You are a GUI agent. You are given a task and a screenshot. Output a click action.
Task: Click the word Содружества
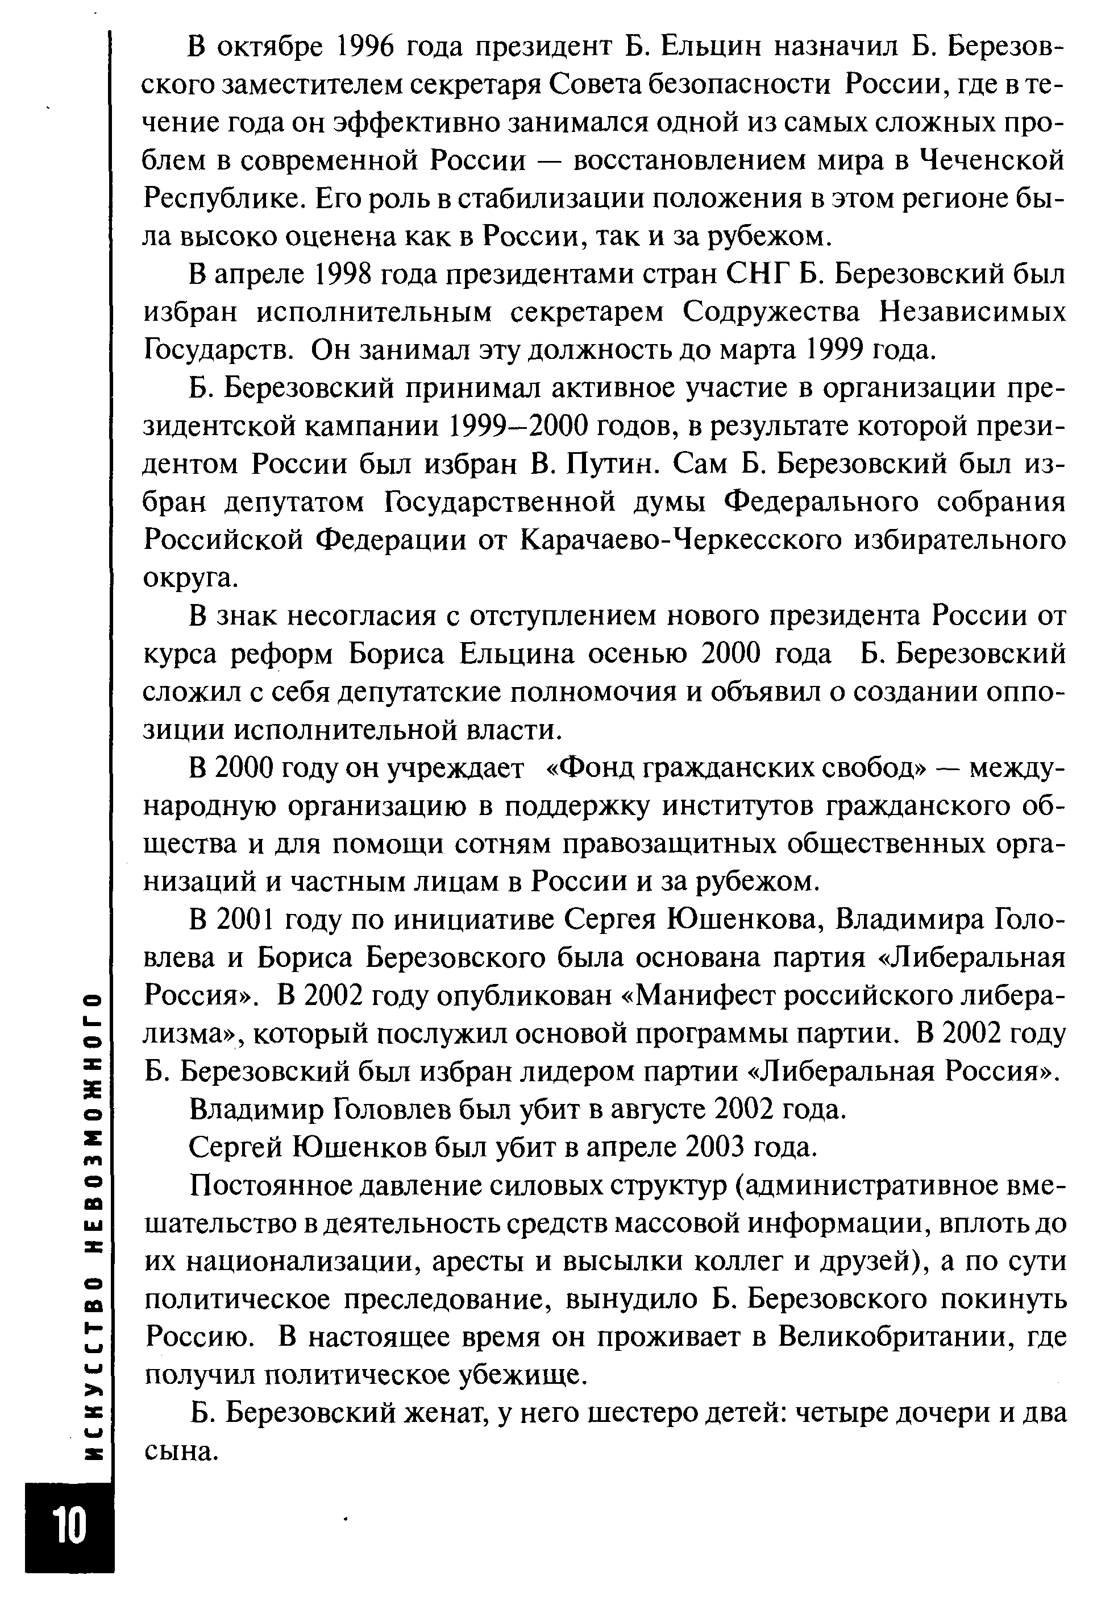[x=771, y=312]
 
